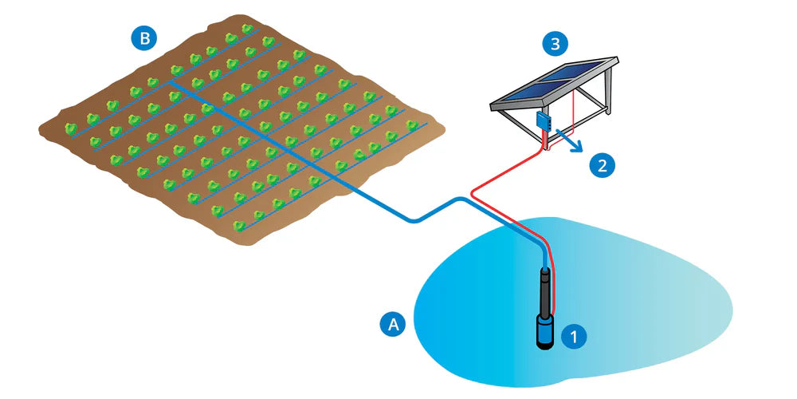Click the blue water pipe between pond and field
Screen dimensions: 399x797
[x=383, y=207]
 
